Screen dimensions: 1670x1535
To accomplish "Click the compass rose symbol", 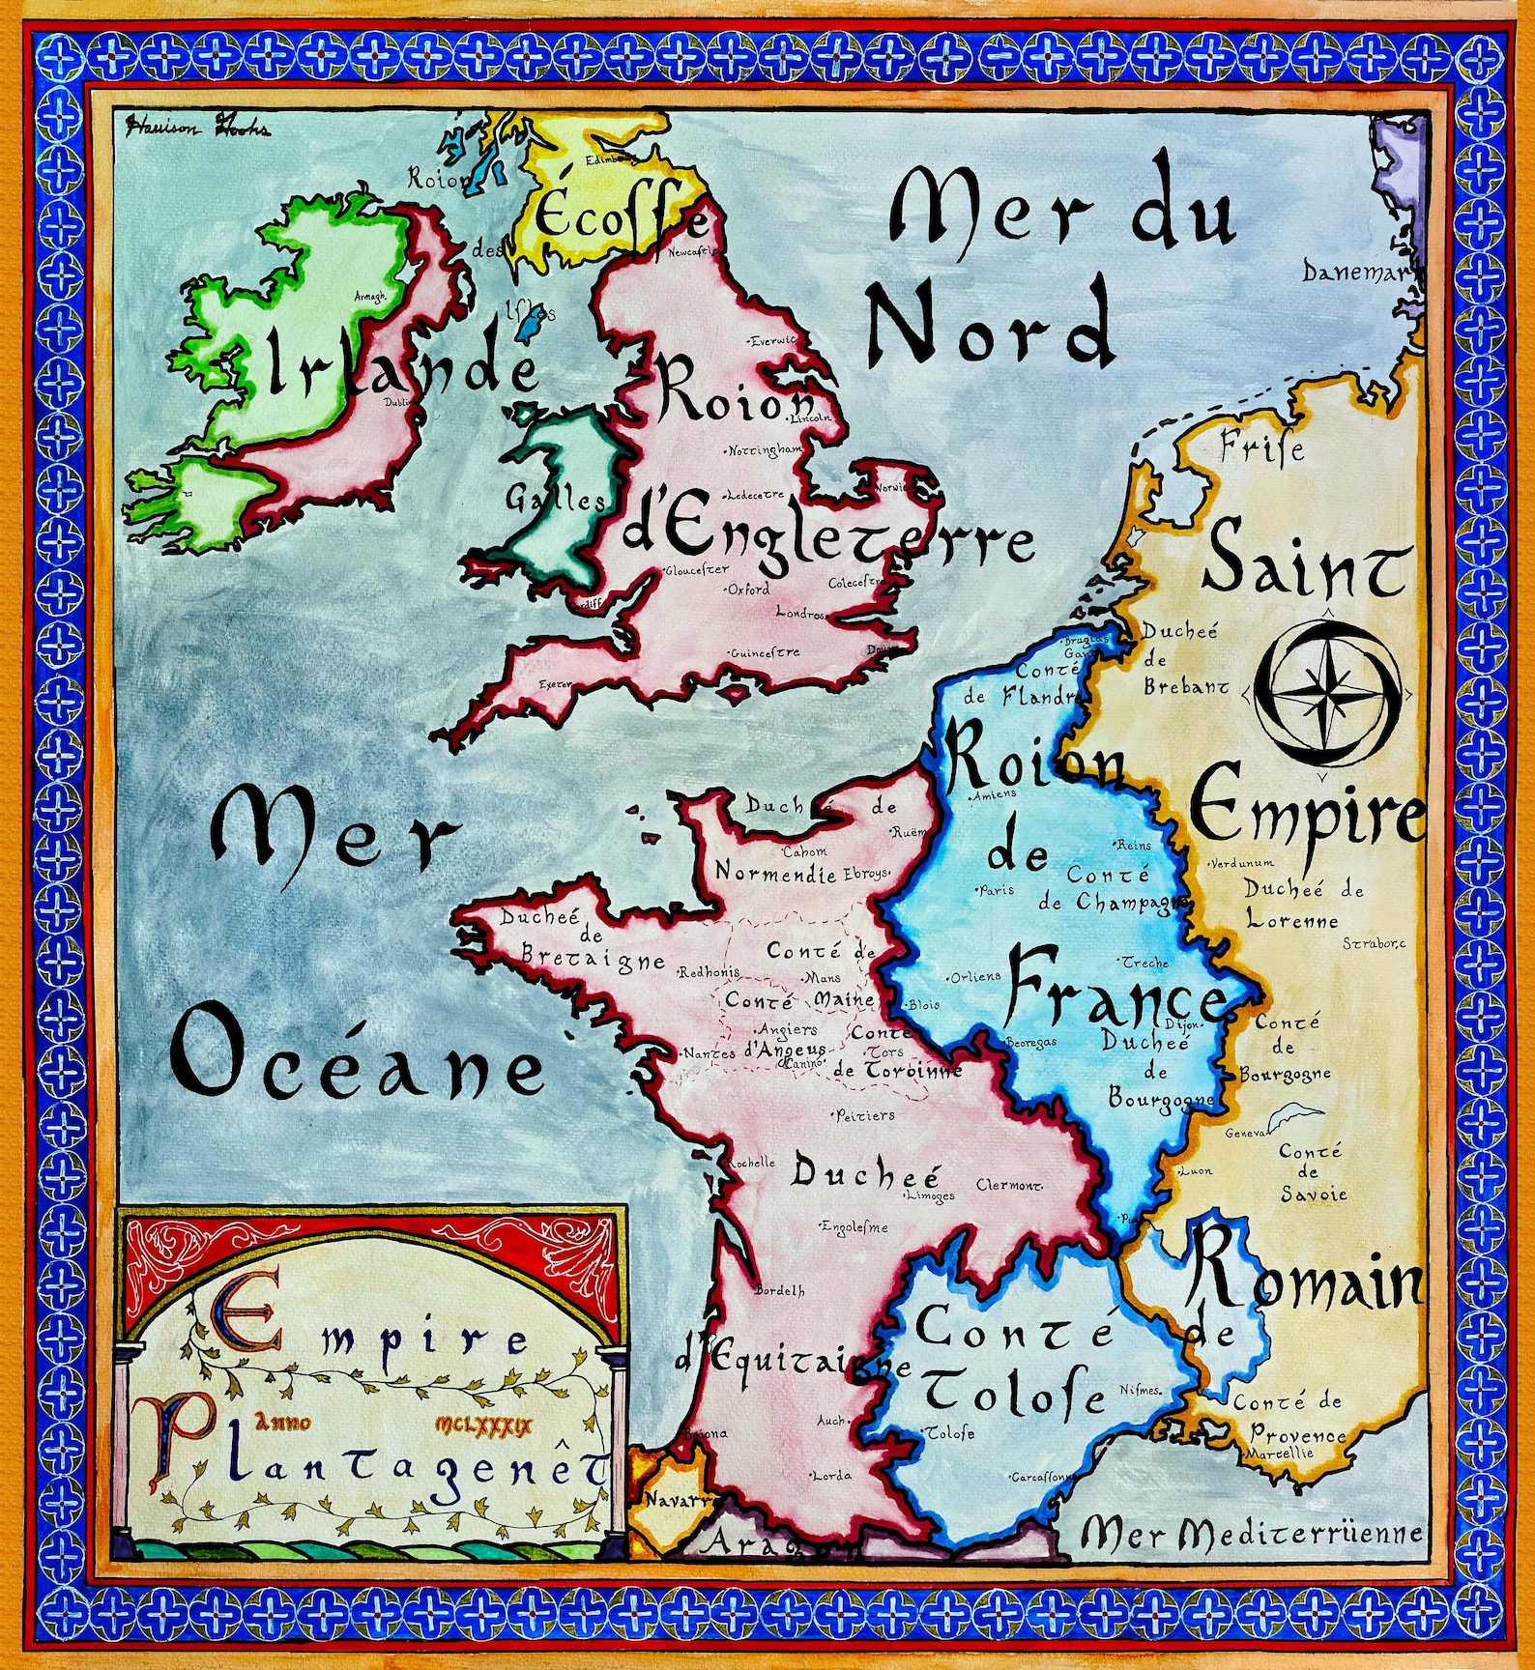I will (x=1326, y=693).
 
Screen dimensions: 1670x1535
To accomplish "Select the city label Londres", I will (x=801, y=614).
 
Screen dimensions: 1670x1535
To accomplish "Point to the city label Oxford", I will (x=749, y=589).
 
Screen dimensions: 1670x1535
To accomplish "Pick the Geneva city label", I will (x=1245, y=1133).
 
